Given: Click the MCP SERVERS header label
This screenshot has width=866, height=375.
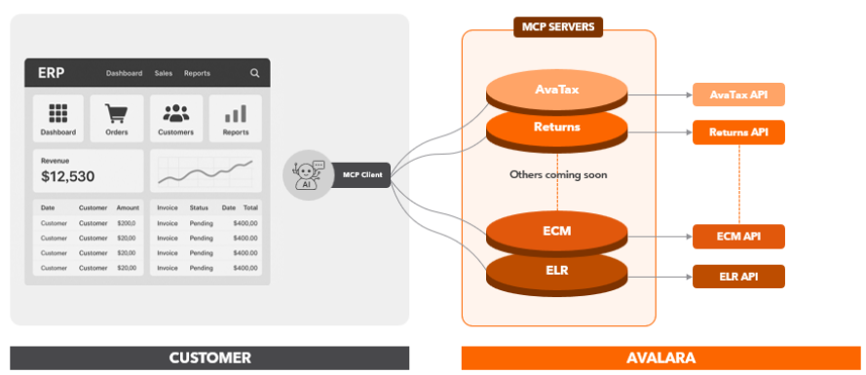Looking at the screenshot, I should (x=558, y=26).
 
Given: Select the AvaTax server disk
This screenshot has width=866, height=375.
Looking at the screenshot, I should (x=557, y=91).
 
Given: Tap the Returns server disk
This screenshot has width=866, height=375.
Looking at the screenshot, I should (x=557, y=127).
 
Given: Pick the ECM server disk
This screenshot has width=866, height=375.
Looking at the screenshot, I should (x=557, y=232).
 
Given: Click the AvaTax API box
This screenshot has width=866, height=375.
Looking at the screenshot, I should (x=737, y=94).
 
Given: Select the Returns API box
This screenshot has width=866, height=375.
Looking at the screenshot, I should (x=737, y=132).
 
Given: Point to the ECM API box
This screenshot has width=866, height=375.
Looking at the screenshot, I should (x=737, y=237).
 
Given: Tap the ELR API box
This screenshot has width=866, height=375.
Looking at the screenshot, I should (x=737, y=276).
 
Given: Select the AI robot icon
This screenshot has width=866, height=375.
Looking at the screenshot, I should (x=308, y=175).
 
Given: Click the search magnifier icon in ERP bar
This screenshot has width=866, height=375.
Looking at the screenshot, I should (x=254, y=73).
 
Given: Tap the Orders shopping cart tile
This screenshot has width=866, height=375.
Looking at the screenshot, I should (x=118, y=118).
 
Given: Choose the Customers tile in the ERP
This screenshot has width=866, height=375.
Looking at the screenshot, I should (x=175, y=118).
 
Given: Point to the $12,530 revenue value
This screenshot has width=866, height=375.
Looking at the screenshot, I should (x=68, y=176).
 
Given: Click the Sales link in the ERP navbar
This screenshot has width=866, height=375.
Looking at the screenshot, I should (x=163, y=73).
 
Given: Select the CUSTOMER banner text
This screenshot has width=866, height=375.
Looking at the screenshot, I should (x=209, y=358).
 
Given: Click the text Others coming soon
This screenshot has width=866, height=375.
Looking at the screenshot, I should (x=558, y=175).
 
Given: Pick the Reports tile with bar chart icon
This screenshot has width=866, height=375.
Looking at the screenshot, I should (x=235, y=118).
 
